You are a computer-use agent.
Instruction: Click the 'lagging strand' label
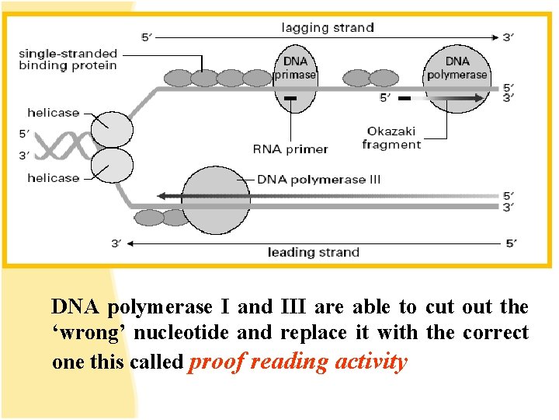point(327,28)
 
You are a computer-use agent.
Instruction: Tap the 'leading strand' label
point(313,252)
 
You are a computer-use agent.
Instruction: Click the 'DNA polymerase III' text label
point(319,180)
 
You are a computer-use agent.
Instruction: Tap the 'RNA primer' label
point(290,149)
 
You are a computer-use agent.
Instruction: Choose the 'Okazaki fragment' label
point(391,138)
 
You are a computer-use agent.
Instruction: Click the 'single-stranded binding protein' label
point(68,59)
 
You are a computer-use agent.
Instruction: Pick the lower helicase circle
point(112,164)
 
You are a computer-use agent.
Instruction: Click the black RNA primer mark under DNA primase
point(290,99)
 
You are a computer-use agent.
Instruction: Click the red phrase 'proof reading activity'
point(298,362)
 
